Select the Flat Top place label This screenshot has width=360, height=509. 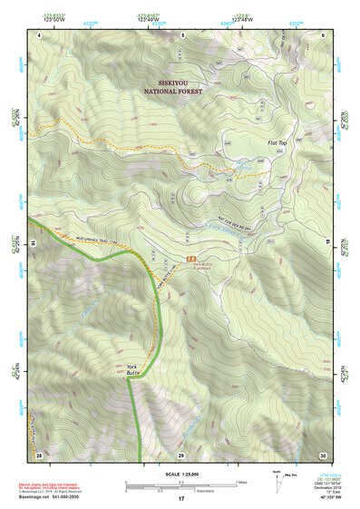(278, 142)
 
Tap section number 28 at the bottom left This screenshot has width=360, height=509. (38, 454)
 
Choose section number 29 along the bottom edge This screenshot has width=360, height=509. (180, 454)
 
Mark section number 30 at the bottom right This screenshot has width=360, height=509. (322, 454)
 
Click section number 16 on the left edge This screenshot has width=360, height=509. (33, 244)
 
